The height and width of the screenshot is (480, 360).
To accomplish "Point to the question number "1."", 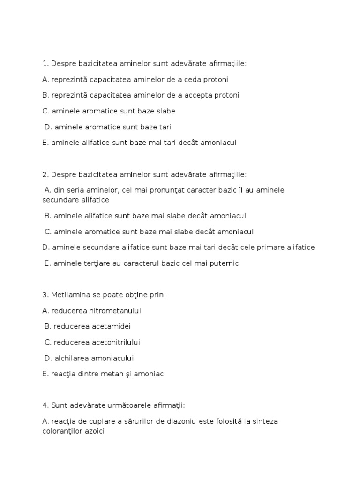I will point(45,63).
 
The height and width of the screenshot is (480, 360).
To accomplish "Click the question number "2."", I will point(45,174).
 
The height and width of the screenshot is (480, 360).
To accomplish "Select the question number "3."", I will point(45,295).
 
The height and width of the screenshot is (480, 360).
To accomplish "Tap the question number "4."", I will point(45,405).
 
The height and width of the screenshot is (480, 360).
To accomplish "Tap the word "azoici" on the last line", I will point(93,431).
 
